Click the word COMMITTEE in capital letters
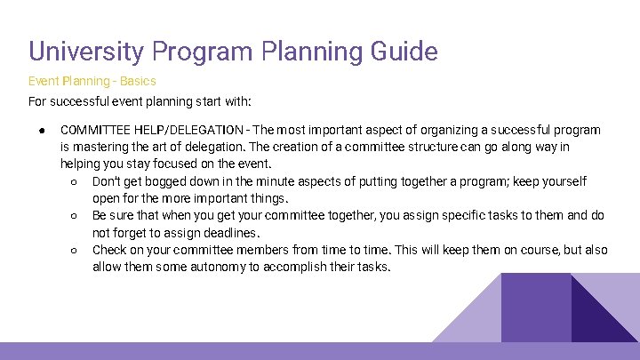(x=95, y=130)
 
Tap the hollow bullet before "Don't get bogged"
(x=74, y=181)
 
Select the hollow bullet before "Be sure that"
(x=74, y=216)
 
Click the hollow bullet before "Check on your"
(x=74, y=251)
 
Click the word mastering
(x=101, y=147)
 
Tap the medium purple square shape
(x=536, y=307)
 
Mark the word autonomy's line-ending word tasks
(x=372, y=268)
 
